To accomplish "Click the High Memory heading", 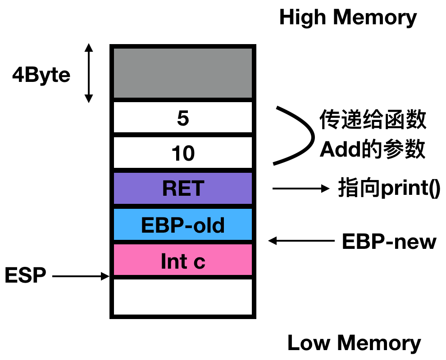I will point(348,18).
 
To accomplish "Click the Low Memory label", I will point(354,343).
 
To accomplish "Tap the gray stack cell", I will point(182,73).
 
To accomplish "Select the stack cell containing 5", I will point(182,118).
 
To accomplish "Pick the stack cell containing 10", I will point(182,153).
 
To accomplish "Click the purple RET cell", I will point(182,188).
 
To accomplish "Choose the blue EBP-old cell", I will point(182,224).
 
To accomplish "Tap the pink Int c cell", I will point(182,260).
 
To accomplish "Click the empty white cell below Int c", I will point(182,297).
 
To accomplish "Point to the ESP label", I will point(25,275).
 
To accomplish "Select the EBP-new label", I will point(389,242).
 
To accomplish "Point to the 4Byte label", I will point(41,75).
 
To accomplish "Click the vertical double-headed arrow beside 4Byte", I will point(89,73).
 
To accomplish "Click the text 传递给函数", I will point(373,120).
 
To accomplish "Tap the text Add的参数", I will point(373,150).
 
